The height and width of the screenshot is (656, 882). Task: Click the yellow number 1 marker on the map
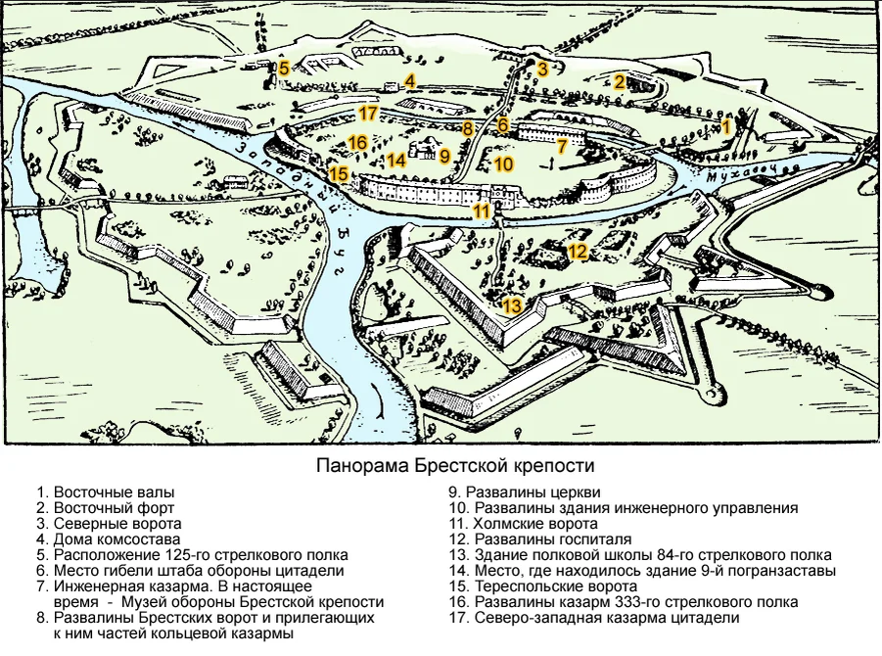click(726, 126)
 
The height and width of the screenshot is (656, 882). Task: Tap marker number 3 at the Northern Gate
click(542, 69)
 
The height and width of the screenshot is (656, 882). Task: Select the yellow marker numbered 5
click(284, 69)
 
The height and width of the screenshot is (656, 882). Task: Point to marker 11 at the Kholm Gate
click(482, 211)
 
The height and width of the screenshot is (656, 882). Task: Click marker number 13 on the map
click(512, 305)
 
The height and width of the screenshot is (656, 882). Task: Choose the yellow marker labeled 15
click(339, 175)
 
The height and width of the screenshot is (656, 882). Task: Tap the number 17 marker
click(368, 114)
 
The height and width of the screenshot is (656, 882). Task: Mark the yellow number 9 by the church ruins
click(443, 156)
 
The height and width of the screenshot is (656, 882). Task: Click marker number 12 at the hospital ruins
click(578, 253)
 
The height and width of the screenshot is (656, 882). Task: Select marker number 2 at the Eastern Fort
click(620, 82)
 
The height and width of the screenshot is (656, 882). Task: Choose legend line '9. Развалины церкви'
click(525, 492)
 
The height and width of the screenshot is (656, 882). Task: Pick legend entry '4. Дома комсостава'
click(109, 539)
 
